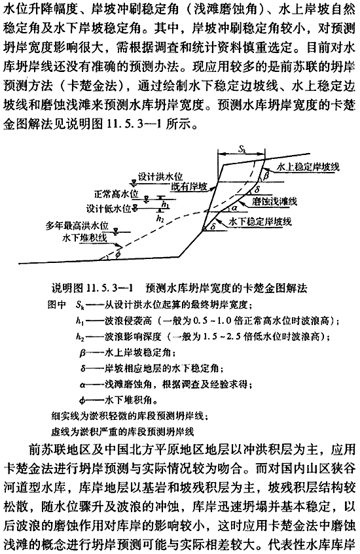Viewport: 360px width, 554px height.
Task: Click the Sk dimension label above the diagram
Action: [x=242, y=149]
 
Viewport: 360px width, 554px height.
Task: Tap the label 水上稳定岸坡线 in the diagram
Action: [x=308, y=167]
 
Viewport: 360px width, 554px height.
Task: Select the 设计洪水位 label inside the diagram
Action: [x=160, y=177]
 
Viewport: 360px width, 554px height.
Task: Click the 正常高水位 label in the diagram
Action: [x=117, y=194]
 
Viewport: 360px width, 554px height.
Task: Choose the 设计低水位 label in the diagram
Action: [x=109, y=208]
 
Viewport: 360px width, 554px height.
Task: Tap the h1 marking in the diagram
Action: [x=165, y=204]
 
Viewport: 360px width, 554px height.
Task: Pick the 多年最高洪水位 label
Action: [x=77, y=226]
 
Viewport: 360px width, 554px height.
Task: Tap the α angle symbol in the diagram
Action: [x=234, y=207]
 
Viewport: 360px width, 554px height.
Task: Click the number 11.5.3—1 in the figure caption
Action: [x=109, y=288]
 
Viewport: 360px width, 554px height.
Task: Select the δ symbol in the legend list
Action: [x=82, y=369]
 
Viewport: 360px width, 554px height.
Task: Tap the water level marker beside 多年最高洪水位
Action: [x=116, y=232]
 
